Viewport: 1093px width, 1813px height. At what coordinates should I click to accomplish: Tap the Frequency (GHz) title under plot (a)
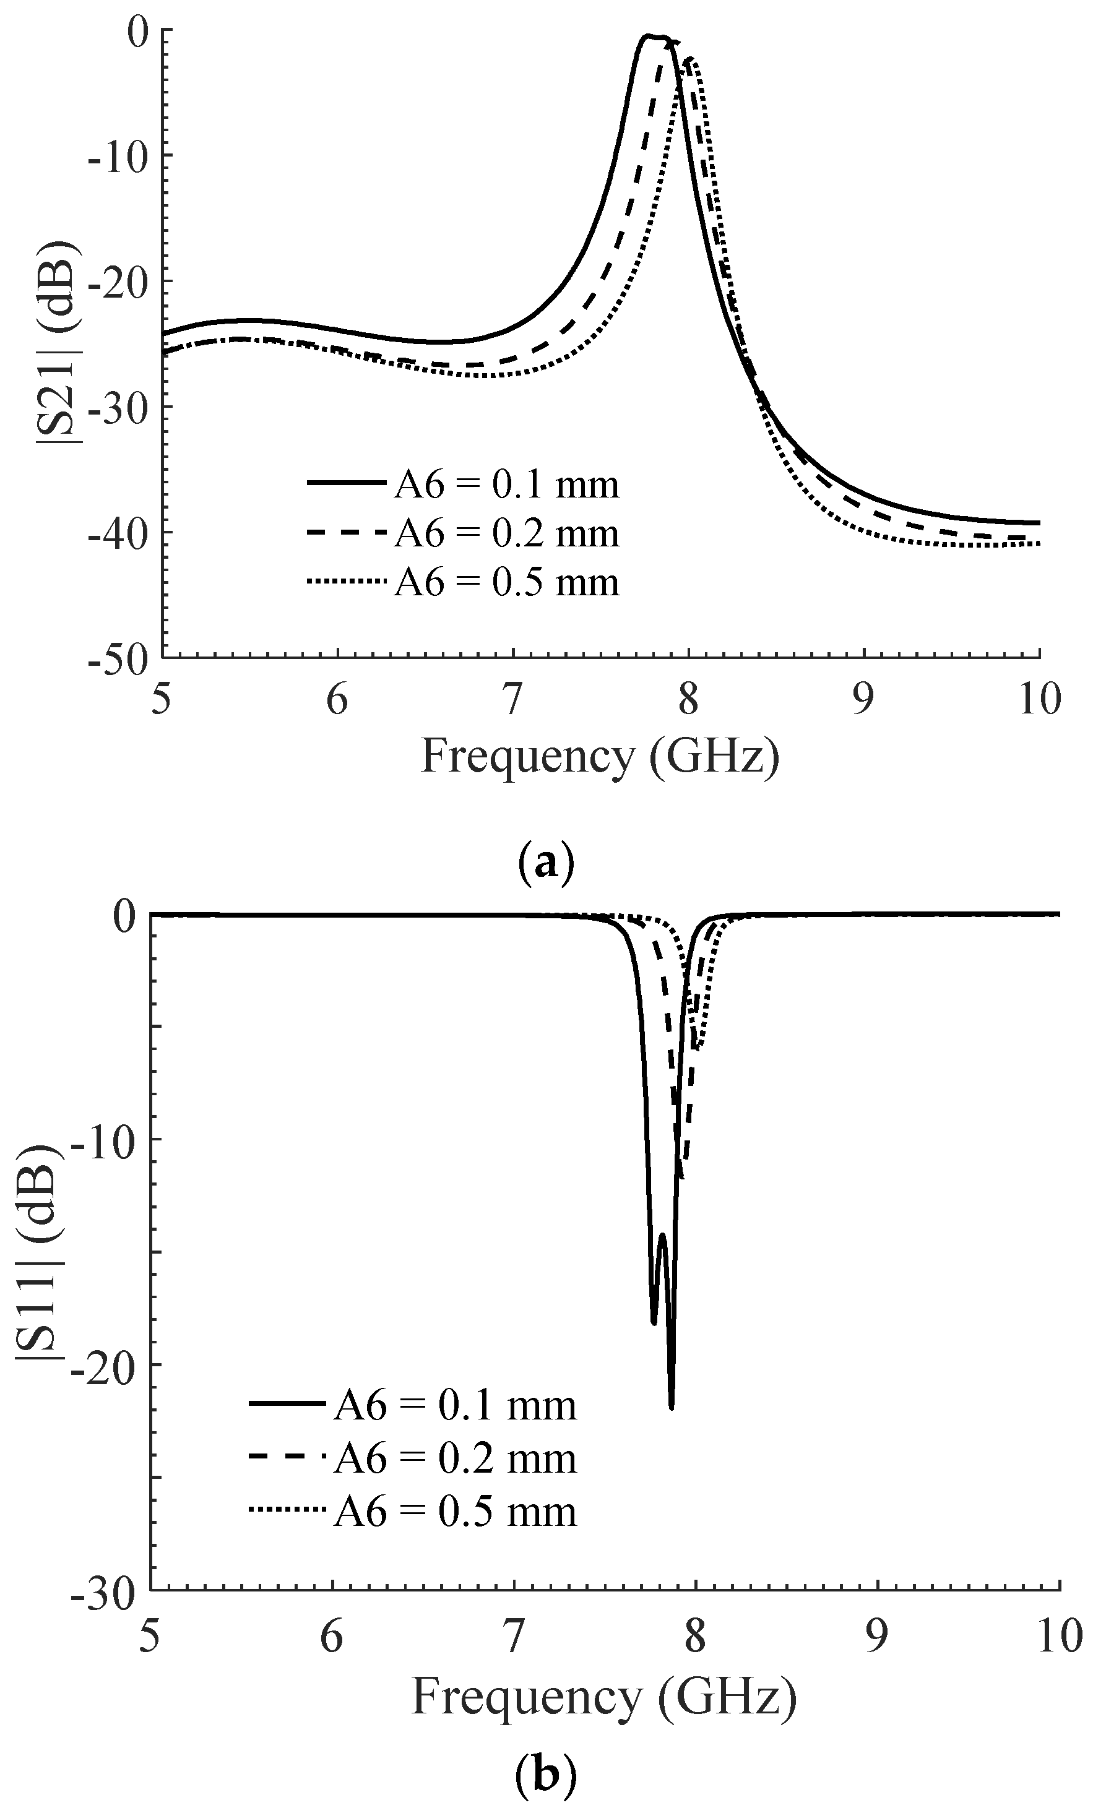[x=599, y=757]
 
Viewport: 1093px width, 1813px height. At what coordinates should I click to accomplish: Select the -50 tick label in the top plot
[x=118, y=657]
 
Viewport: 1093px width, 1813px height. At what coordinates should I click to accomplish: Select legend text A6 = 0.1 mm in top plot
[x=507, y=485]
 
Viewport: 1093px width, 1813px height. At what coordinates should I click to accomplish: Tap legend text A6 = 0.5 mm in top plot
[x=507, y=582]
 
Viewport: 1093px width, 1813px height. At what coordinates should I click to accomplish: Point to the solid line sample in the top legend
[x=345, y=483]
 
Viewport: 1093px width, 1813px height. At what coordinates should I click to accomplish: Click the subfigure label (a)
[x=545, y=861]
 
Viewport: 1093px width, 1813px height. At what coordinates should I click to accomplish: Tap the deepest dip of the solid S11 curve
[x=672, y=1405]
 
